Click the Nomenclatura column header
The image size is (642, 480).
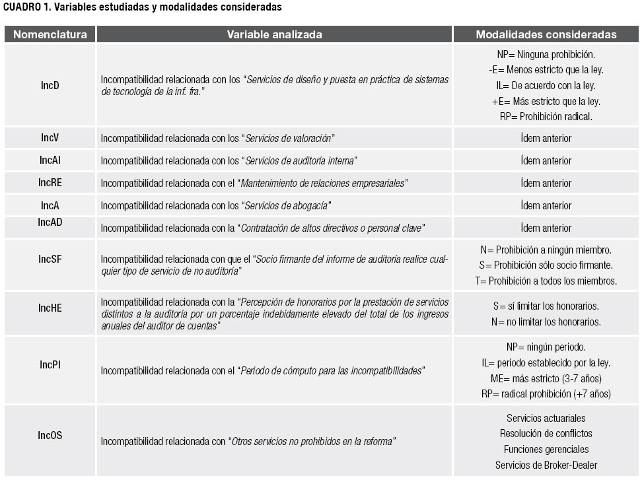50,34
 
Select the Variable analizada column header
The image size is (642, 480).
275,34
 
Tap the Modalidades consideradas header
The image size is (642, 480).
546,34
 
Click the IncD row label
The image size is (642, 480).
50,85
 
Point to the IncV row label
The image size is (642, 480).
50,138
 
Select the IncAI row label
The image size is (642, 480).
50,160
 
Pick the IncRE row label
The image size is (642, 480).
50,183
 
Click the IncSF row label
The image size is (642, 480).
50,259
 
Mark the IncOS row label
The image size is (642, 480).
50,435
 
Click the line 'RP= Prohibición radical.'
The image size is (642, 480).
546,116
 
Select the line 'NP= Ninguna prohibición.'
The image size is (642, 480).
546,54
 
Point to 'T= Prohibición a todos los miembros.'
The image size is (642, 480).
546,281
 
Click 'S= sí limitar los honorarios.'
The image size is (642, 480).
546,306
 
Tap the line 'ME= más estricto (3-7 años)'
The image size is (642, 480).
546,378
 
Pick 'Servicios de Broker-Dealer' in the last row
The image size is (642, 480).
546,465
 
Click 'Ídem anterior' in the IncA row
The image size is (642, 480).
546,205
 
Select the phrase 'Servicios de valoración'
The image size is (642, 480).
288,139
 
